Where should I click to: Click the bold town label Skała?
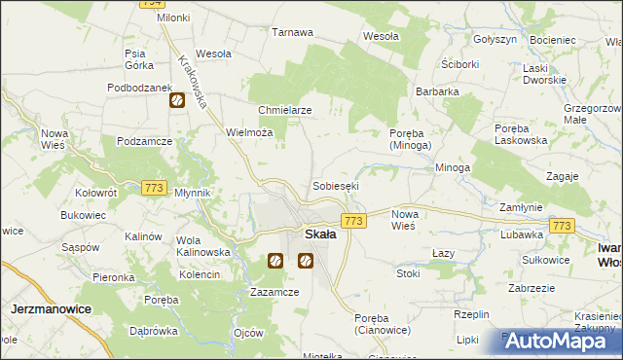click(x=320, y=234)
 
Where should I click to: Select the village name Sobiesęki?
click(x=336, y=185)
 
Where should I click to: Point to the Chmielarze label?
click(x=284, y=110)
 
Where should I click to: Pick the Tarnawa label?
click(x=292, y=32)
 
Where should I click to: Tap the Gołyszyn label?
click(x=495, y=39)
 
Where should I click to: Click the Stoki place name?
click(x=408, y=273)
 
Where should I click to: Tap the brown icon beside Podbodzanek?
click(x=177, y=99)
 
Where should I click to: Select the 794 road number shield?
click(x=151, y=3)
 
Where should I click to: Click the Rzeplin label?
click(x=471, y=314)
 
